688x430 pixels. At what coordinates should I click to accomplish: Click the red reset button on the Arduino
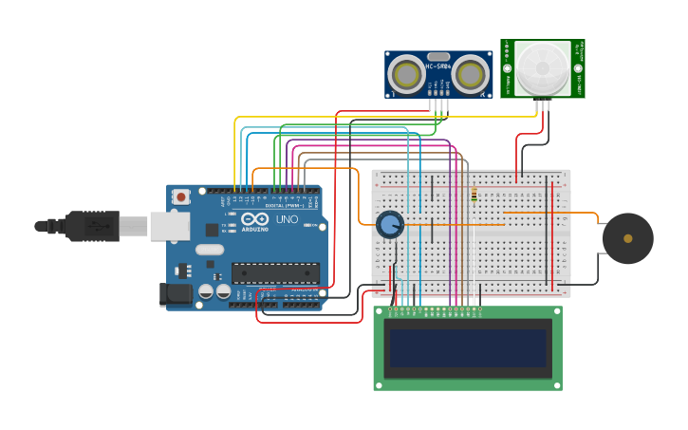pyautogui.click(x=180, y=196)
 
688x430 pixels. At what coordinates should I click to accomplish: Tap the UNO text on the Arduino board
pyautogui.click(x=288, y=220)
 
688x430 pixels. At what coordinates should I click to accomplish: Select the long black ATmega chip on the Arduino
pyautogui.click(x=275, y=273)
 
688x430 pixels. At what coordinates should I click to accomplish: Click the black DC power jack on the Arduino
pyautogui.click(x=177, y=295)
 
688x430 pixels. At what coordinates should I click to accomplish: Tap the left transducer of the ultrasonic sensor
pyautogui.click(x=407, y=74)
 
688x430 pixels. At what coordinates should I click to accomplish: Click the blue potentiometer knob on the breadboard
pyautogui.click(x=389, y=225)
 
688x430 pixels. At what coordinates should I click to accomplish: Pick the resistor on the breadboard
pyautogui.click(x=474, y=195)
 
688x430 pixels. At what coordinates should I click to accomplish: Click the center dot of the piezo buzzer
pyautogui.click(x=627, y=238)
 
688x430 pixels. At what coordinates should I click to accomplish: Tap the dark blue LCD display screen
pyautogui.click(x=468, y=348)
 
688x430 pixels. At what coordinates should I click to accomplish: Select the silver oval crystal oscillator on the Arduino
pyautogui.click(x=210, y=250)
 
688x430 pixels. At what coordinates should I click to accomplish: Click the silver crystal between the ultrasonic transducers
pyautogui.click(x=438, y=57)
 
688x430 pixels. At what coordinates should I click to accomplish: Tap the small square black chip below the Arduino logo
pyautogui.click(x=211, y=230)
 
